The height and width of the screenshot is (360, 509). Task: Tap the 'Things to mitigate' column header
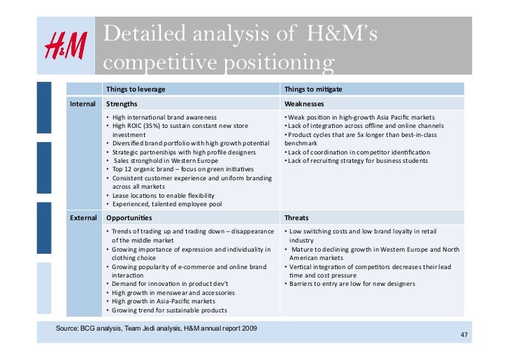(x=313, y=89)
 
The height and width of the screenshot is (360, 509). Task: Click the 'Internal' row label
(x=83, y=103)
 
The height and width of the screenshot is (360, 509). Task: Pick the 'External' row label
(x=83, y=217)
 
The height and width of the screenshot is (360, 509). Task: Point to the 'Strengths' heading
(x=122, y=103)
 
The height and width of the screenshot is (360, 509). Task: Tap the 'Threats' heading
(x=297, y=217)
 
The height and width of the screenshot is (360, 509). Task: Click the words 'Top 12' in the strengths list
(x=120, y=169)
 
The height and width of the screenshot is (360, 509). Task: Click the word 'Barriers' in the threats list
(x=302, y=284)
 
